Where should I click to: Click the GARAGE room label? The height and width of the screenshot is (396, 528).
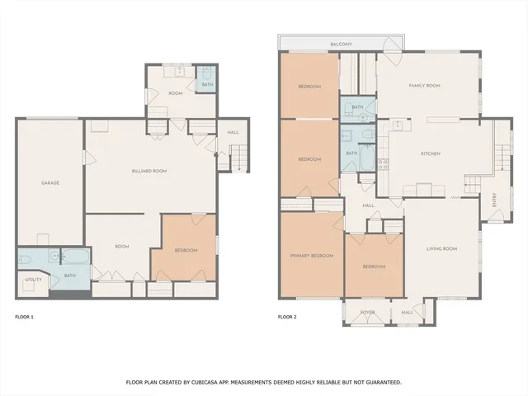click(x=49, y=182)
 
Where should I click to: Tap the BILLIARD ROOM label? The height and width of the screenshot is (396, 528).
click(x=149, y=171)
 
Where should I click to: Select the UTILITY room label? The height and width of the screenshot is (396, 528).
click(x=33, y=280)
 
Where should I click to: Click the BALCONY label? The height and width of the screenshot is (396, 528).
click(x=342, y=44)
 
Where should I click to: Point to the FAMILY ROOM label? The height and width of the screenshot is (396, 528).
click(x=425, y=86)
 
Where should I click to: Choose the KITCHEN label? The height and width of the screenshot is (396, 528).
click(x=431, y=153)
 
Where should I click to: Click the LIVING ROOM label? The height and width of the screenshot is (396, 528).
click(x=441, y=248)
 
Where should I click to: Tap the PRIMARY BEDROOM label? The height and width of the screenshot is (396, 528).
click(x=312, y=256)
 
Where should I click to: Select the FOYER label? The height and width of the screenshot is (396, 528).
click(x=367, y=313)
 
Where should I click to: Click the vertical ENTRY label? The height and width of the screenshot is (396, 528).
click(x=494, y=200)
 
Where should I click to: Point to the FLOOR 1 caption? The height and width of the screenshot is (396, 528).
click(x=25, y=317)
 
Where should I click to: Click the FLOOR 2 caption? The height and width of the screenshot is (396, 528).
click(x=287, y=317)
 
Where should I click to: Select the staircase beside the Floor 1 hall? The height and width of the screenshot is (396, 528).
click(x=238, y=158)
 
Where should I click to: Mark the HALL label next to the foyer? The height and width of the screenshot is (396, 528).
click(x=407, y=313)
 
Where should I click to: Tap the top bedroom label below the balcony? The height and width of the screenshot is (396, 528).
click(x=309, y=86)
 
